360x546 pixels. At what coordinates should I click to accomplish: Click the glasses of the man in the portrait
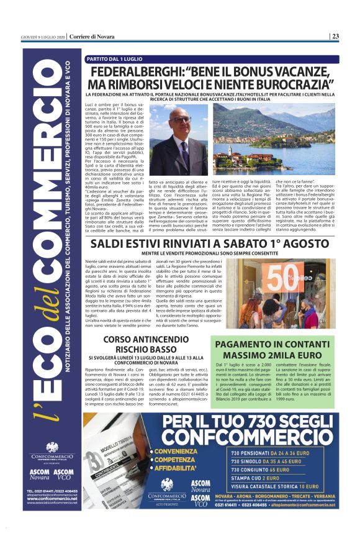pyautogui.click(x=181, y=119)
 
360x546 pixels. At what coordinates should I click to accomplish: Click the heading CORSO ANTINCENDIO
pyautogui.click(x=143, y=339)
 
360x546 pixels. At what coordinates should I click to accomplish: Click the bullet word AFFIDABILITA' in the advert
pyautogui.click(x=181, y=470)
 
